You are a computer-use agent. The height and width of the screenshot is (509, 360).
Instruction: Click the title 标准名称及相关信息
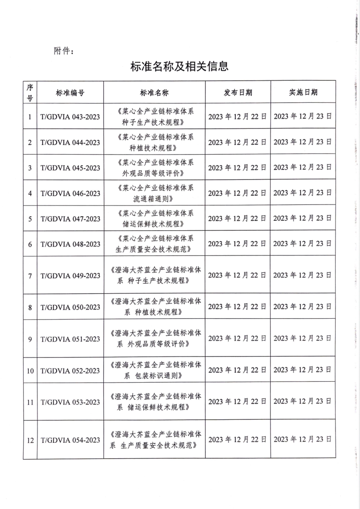[x=179, y=66]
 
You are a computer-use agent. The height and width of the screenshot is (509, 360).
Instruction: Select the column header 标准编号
[x=70, y=92]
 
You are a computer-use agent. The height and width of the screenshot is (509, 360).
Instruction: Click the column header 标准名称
[x=155, y=92]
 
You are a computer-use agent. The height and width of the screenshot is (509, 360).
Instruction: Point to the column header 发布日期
[x=238, y=92]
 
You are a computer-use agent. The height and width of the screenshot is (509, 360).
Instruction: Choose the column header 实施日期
[x=303, y=92]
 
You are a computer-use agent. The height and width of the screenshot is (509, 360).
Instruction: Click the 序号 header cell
[x=30, y=92]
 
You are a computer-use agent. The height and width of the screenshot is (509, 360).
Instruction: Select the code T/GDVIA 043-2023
[x=70, y=116]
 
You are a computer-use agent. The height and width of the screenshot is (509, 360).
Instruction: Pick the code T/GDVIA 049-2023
[x=70, y=276]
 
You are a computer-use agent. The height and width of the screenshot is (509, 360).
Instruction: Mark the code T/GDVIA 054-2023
[x=70, y=440]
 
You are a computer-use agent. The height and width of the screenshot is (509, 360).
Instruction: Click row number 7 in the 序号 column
[x=30, y=276]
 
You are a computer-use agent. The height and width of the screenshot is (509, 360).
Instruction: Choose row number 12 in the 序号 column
[x=30, y=440]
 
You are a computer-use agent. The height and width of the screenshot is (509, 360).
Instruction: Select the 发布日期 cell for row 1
[x=238, y=116]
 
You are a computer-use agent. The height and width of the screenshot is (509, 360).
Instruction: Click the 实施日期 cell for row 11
[x=303, y=402]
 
